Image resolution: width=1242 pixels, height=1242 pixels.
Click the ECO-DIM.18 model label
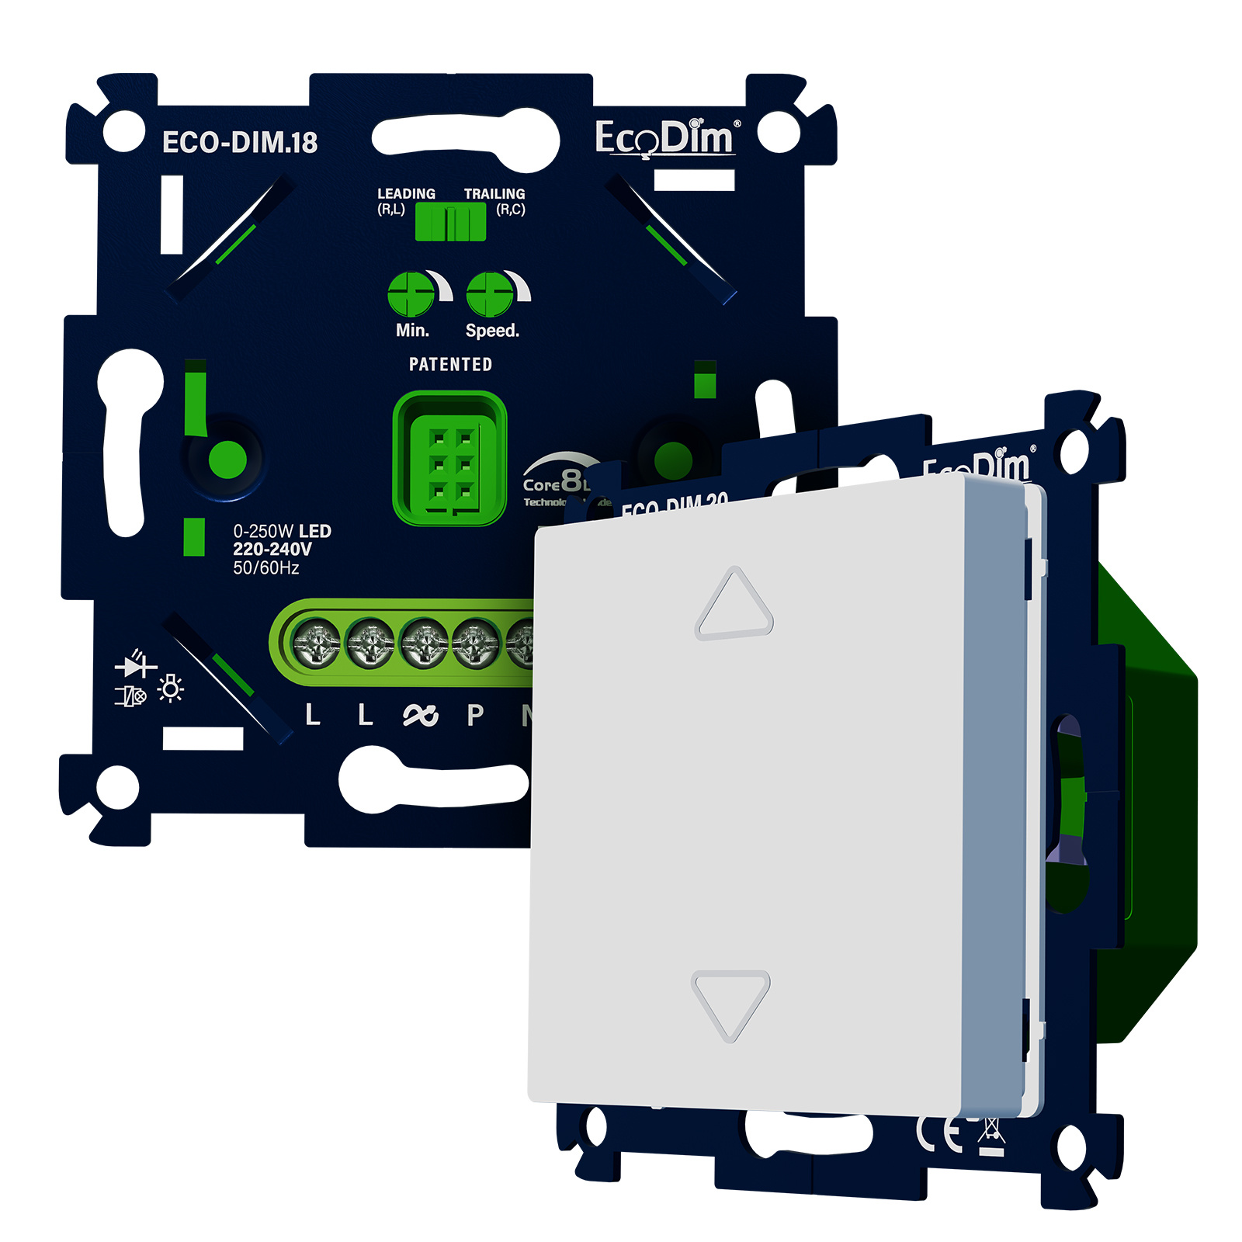click(239, 142)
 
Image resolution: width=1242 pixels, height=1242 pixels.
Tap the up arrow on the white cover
click(734, 605)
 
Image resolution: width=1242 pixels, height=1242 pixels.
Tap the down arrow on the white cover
click(730, 1003)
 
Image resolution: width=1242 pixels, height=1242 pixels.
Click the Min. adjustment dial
click(411, 294)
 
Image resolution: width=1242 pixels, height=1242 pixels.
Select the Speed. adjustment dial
click(490, 294)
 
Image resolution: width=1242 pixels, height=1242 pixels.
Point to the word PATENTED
click(450, 364)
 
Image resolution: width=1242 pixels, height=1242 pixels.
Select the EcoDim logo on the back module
click(664, 139)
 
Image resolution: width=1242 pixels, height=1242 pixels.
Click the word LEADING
click(406, 193)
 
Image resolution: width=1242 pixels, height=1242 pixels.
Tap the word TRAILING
click(494, 193)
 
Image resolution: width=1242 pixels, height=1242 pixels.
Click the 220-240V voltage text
click(272, 550)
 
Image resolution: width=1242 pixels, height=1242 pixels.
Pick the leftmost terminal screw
click(316, 644)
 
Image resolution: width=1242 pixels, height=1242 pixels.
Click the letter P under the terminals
click(475, 715)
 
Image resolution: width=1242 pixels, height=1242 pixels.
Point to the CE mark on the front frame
click(939, 1134)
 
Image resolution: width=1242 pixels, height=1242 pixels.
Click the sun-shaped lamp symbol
click(171, 689)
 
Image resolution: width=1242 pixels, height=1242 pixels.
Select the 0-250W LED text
click(282, 532)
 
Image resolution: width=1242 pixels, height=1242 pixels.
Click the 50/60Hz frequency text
click(266, 568)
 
